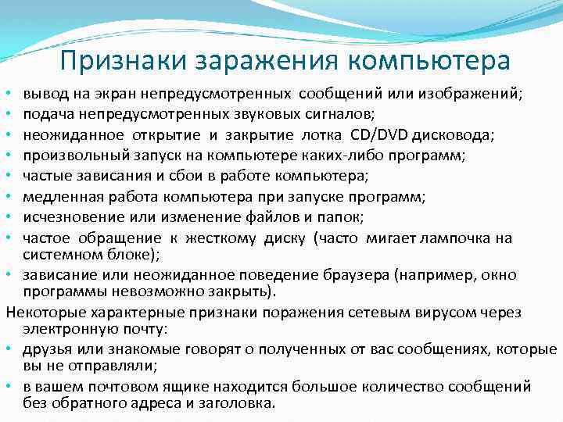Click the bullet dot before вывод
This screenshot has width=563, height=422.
(9, 95)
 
